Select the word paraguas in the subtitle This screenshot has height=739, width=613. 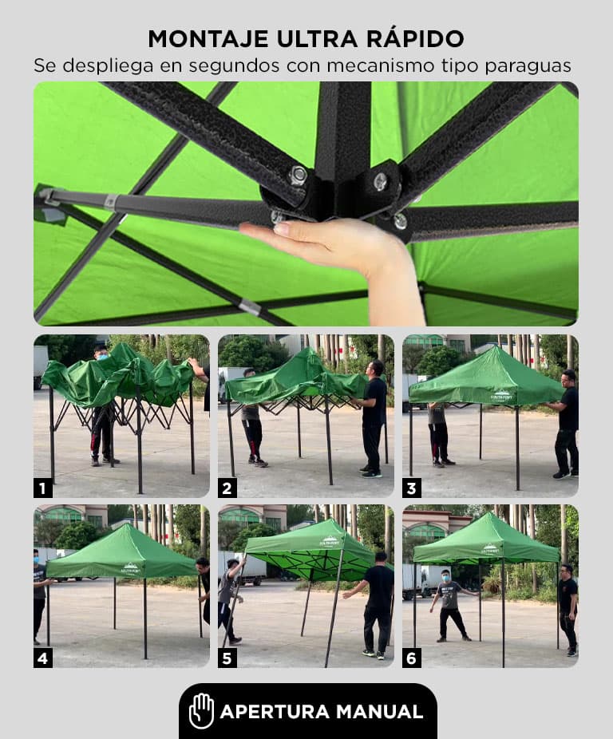(x=528, y=66)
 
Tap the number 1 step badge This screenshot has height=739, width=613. (x=43, y=488)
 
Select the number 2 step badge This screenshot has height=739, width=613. (x=227, y=488)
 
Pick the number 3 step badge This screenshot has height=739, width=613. (x=411, y=488)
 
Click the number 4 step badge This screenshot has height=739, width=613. (x=43, y=658)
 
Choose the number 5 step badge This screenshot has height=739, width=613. (x=227, y=658)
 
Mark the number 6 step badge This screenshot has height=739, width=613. (x=411, y=658)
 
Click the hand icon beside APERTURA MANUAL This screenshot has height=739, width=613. (x=201, y=711)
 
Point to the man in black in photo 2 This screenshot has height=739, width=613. (x=374, y=418)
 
